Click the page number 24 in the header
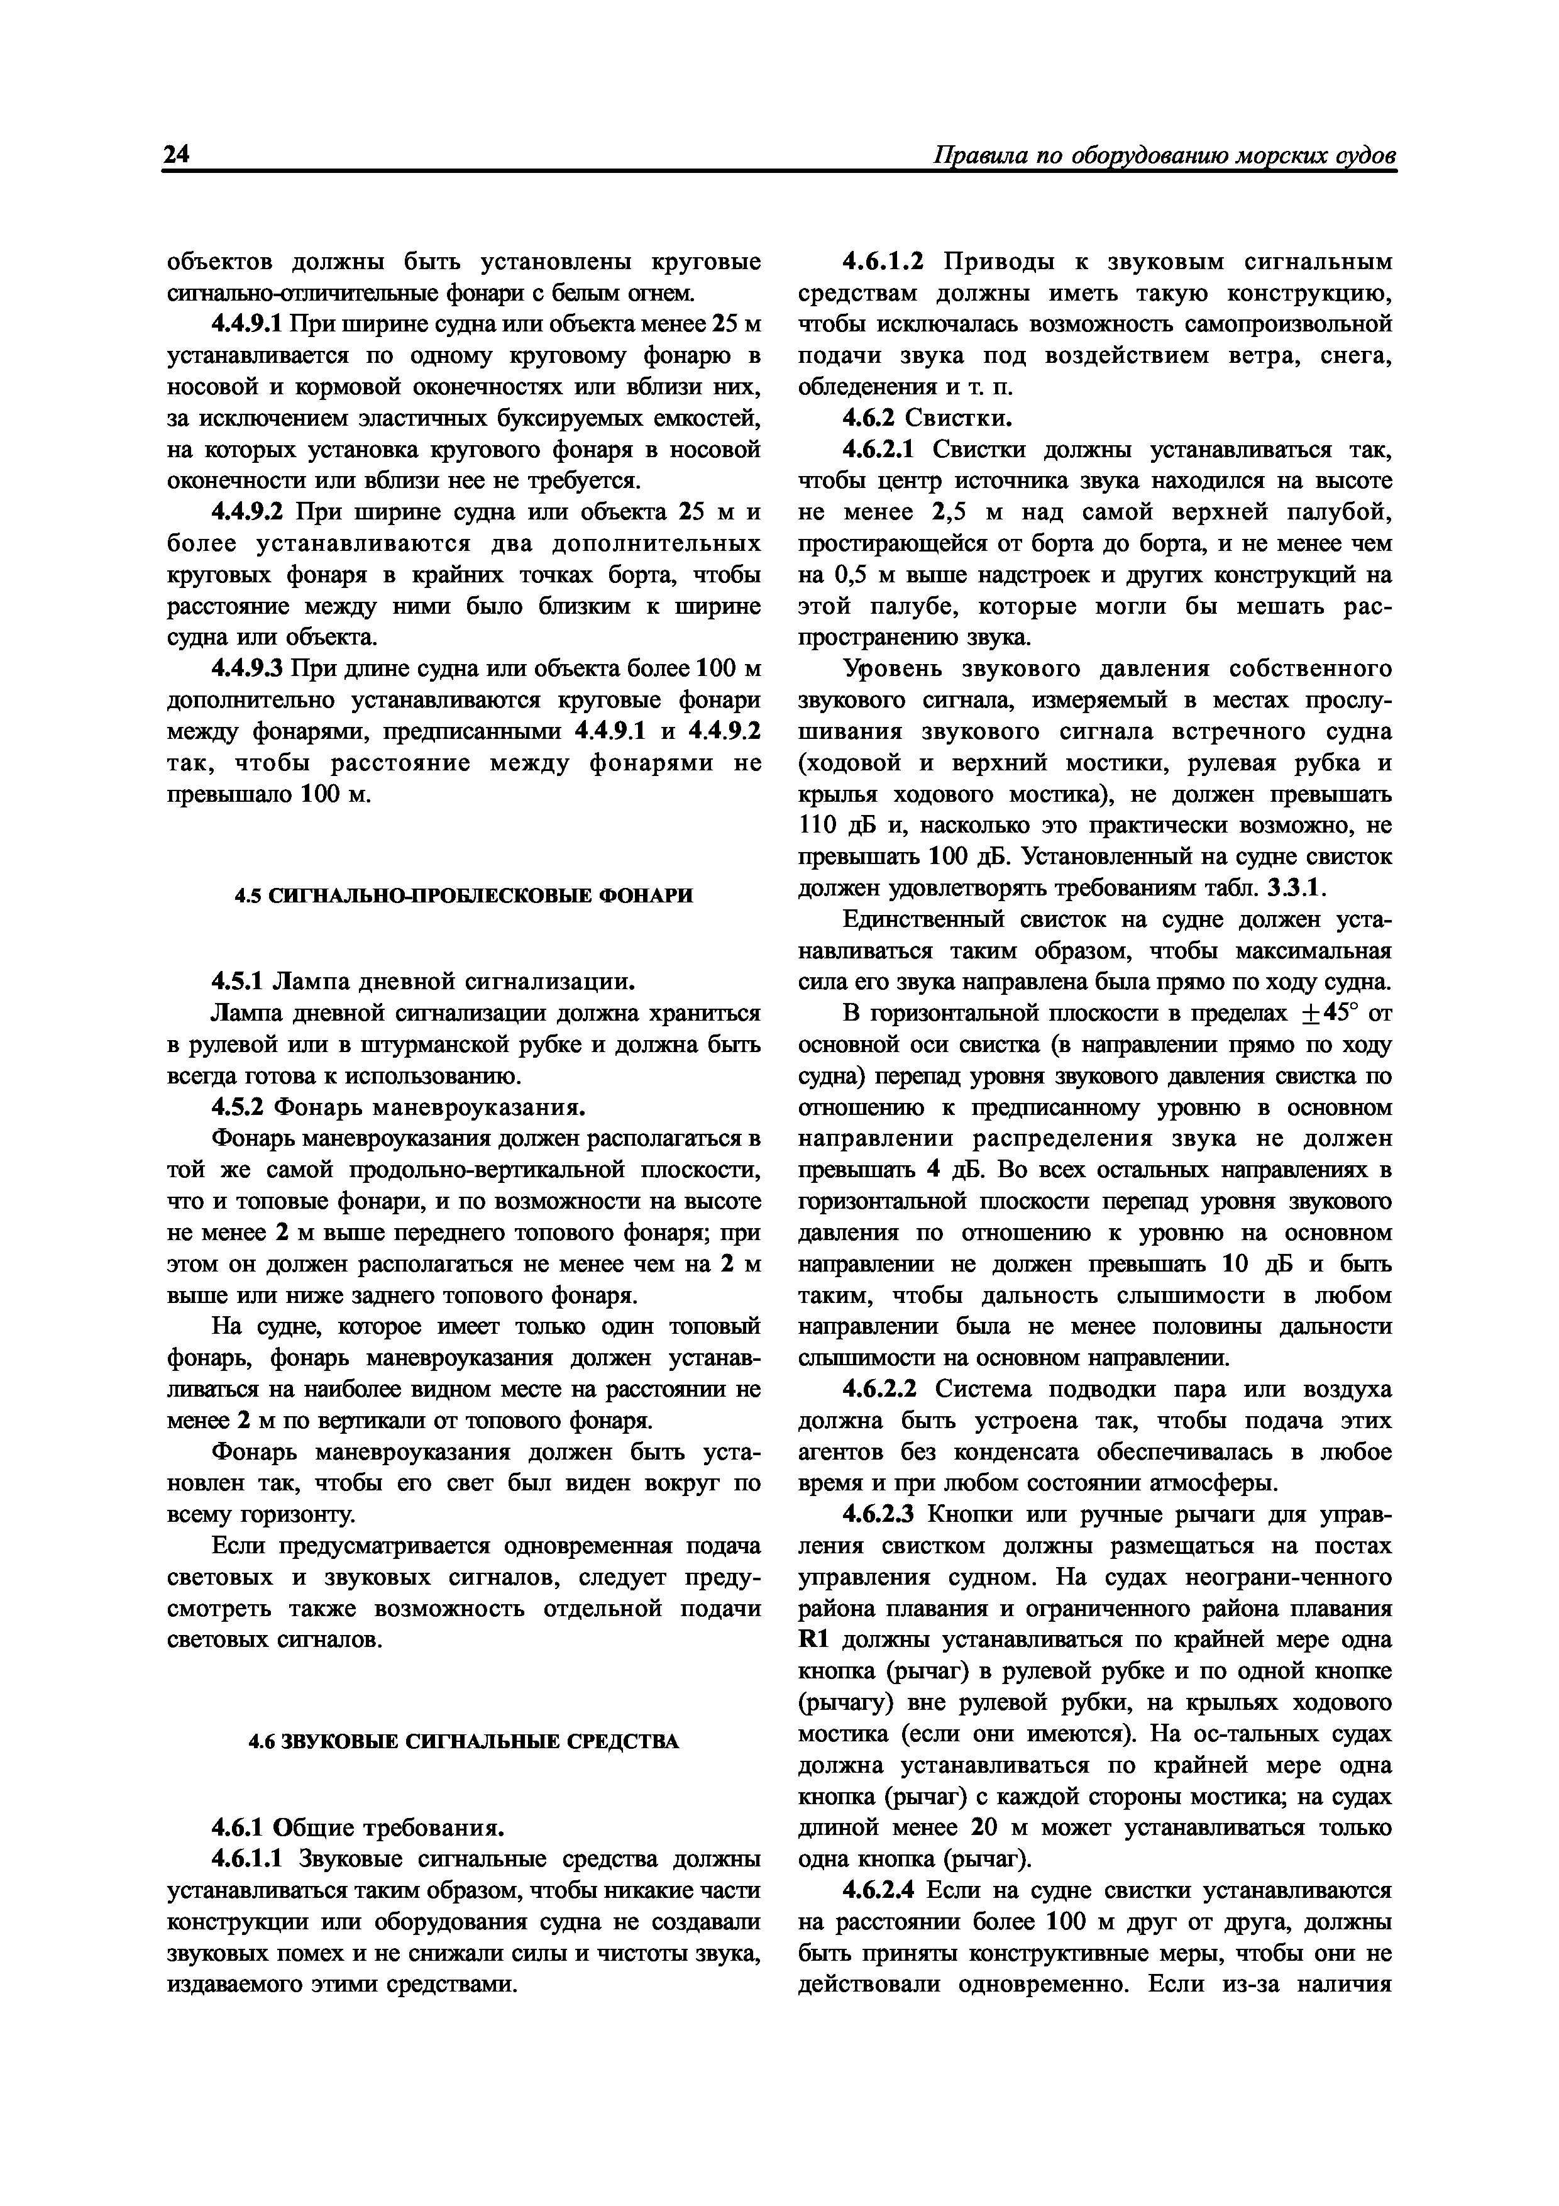(x=178, y=156)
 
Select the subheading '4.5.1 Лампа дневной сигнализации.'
(x=422, y=981)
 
